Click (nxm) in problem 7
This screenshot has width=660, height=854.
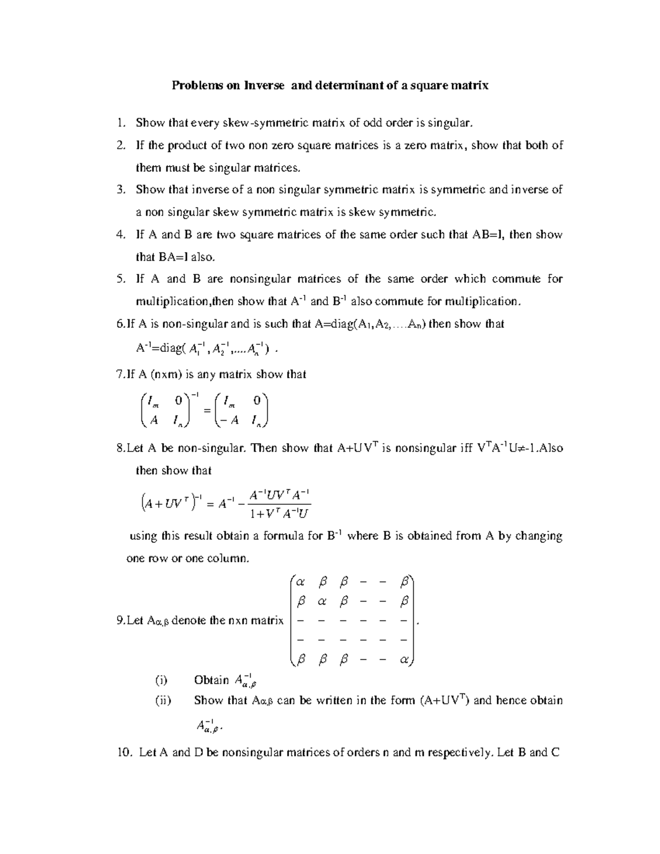coord(168,374)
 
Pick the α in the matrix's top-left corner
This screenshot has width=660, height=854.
coord(300,582)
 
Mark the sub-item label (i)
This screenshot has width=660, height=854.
coord(161,680)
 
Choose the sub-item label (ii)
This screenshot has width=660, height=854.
coord(162,701)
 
